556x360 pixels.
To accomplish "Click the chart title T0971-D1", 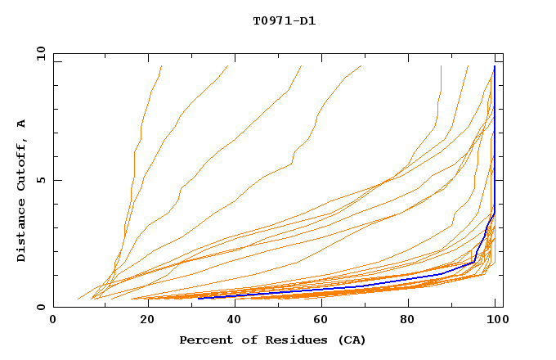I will [x=284, y=20].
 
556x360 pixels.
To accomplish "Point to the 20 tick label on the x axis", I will [x=142, y=321].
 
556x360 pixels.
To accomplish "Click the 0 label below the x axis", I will [x=53, y=321].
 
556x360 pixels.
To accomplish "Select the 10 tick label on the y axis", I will [x=38, y=53].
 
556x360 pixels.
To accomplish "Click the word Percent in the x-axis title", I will [x=204, y=340].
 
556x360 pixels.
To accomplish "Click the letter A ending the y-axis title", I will [x=22, y=123].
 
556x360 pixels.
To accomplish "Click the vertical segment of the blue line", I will [x=495, y=139].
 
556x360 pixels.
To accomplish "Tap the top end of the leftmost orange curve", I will [x=162, y=66].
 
